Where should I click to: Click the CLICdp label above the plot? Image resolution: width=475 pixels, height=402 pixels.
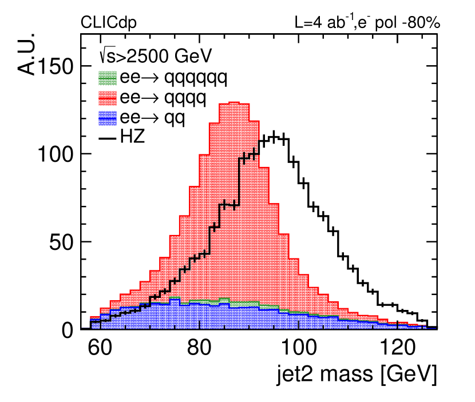(x=109, y=23)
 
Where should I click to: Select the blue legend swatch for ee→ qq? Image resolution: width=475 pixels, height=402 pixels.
(x=109, y=118)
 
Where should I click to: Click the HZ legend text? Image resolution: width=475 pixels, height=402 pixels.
(x=133, y=138)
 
